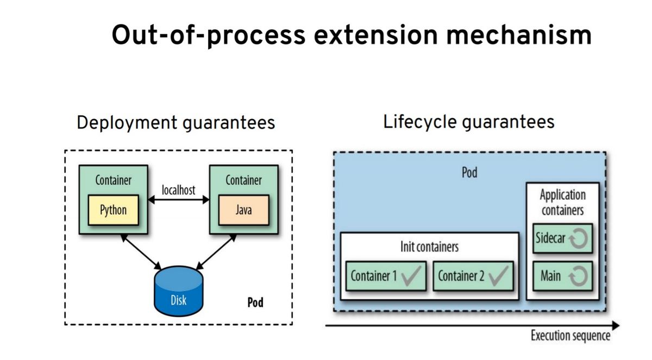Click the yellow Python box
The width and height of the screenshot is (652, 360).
113,210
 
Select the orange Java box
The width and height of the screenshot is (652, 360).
243,210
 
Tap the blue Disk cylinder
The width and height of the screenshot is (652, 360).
178,291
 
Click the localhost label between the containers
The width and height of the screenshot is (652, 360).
178,190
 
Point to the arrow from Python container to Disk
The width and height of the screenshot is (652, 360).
141,252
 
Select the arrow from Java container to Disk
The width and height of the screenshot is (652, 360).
216,252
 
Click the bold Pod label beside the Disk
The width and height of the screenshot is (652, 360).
255,302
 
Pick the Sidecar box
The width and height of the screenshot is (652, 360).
563,238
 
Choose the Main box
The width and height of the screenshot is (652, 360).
563,276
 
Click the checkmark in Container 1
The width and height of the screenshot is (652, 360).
411,276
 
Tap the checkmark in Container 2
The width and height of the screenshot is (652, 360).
498,276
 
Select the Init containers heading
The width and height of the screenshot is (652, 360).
429,247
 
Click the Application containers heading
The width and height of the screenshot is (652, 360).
563,203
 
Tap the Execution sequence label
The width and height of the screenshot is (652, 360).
570,336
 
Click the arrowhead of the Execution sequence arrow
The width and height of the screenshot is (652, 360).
616,326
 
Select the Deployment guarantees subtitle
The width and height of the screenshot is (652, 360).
176,123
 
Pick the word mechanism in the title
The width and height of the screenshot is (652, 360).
519,35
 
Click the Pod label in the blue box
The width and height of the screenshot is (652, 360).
469,173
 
